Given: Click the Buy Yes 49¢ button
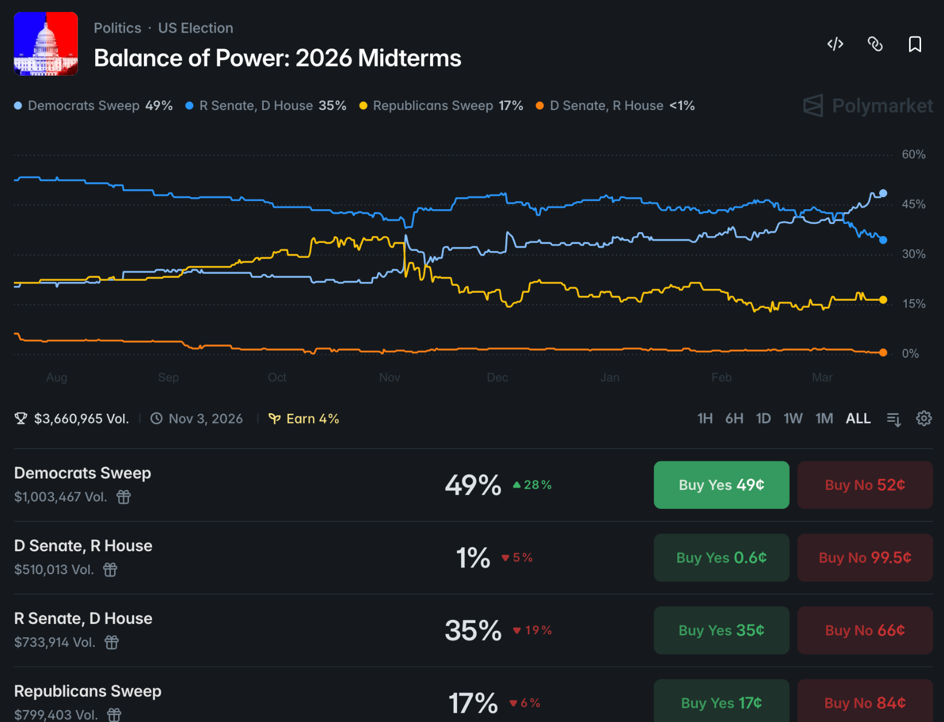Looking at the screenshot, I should click(x=721, y=485).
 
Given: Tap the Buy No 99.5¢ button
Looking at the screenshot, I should click(x=865, y=558).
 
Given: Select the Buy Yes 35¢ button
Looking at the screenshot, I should click(x=721, y=630).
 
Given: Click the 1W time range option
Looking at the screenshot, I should click(x=793, y=419).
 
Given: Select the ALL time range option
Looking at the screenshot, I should click(x=858, y=419).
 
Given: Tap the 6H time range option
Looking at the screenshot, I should click(x=734, y=419).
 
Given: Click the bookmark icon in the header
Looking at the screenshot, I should click(x=915, y=44).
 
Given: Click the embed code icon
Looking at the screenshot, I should click(x=835, y=44).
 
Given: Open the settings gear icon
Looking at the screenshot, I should click(x=923, y=419).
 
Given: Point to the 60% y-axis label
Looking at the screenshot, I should click(x=914, y=154).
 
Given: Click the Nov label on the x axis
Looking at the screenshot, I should click(x=389, y=378).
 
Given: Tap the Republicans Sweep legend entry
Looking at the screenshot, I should click(x=441, y=106).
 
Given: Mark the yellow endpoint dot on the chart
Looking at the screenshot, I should click(x=883, y=300).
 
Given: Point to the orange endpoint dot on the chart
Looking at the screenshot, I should click(x=883, y=352).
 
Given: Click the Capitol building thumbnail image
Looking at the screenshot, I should click(x=46, y=44).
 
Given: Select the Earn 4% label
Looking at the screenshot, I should click(x=305, y=419).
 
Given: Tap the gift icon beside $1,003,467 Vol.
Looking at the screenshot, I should click(x=124, y=497).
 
